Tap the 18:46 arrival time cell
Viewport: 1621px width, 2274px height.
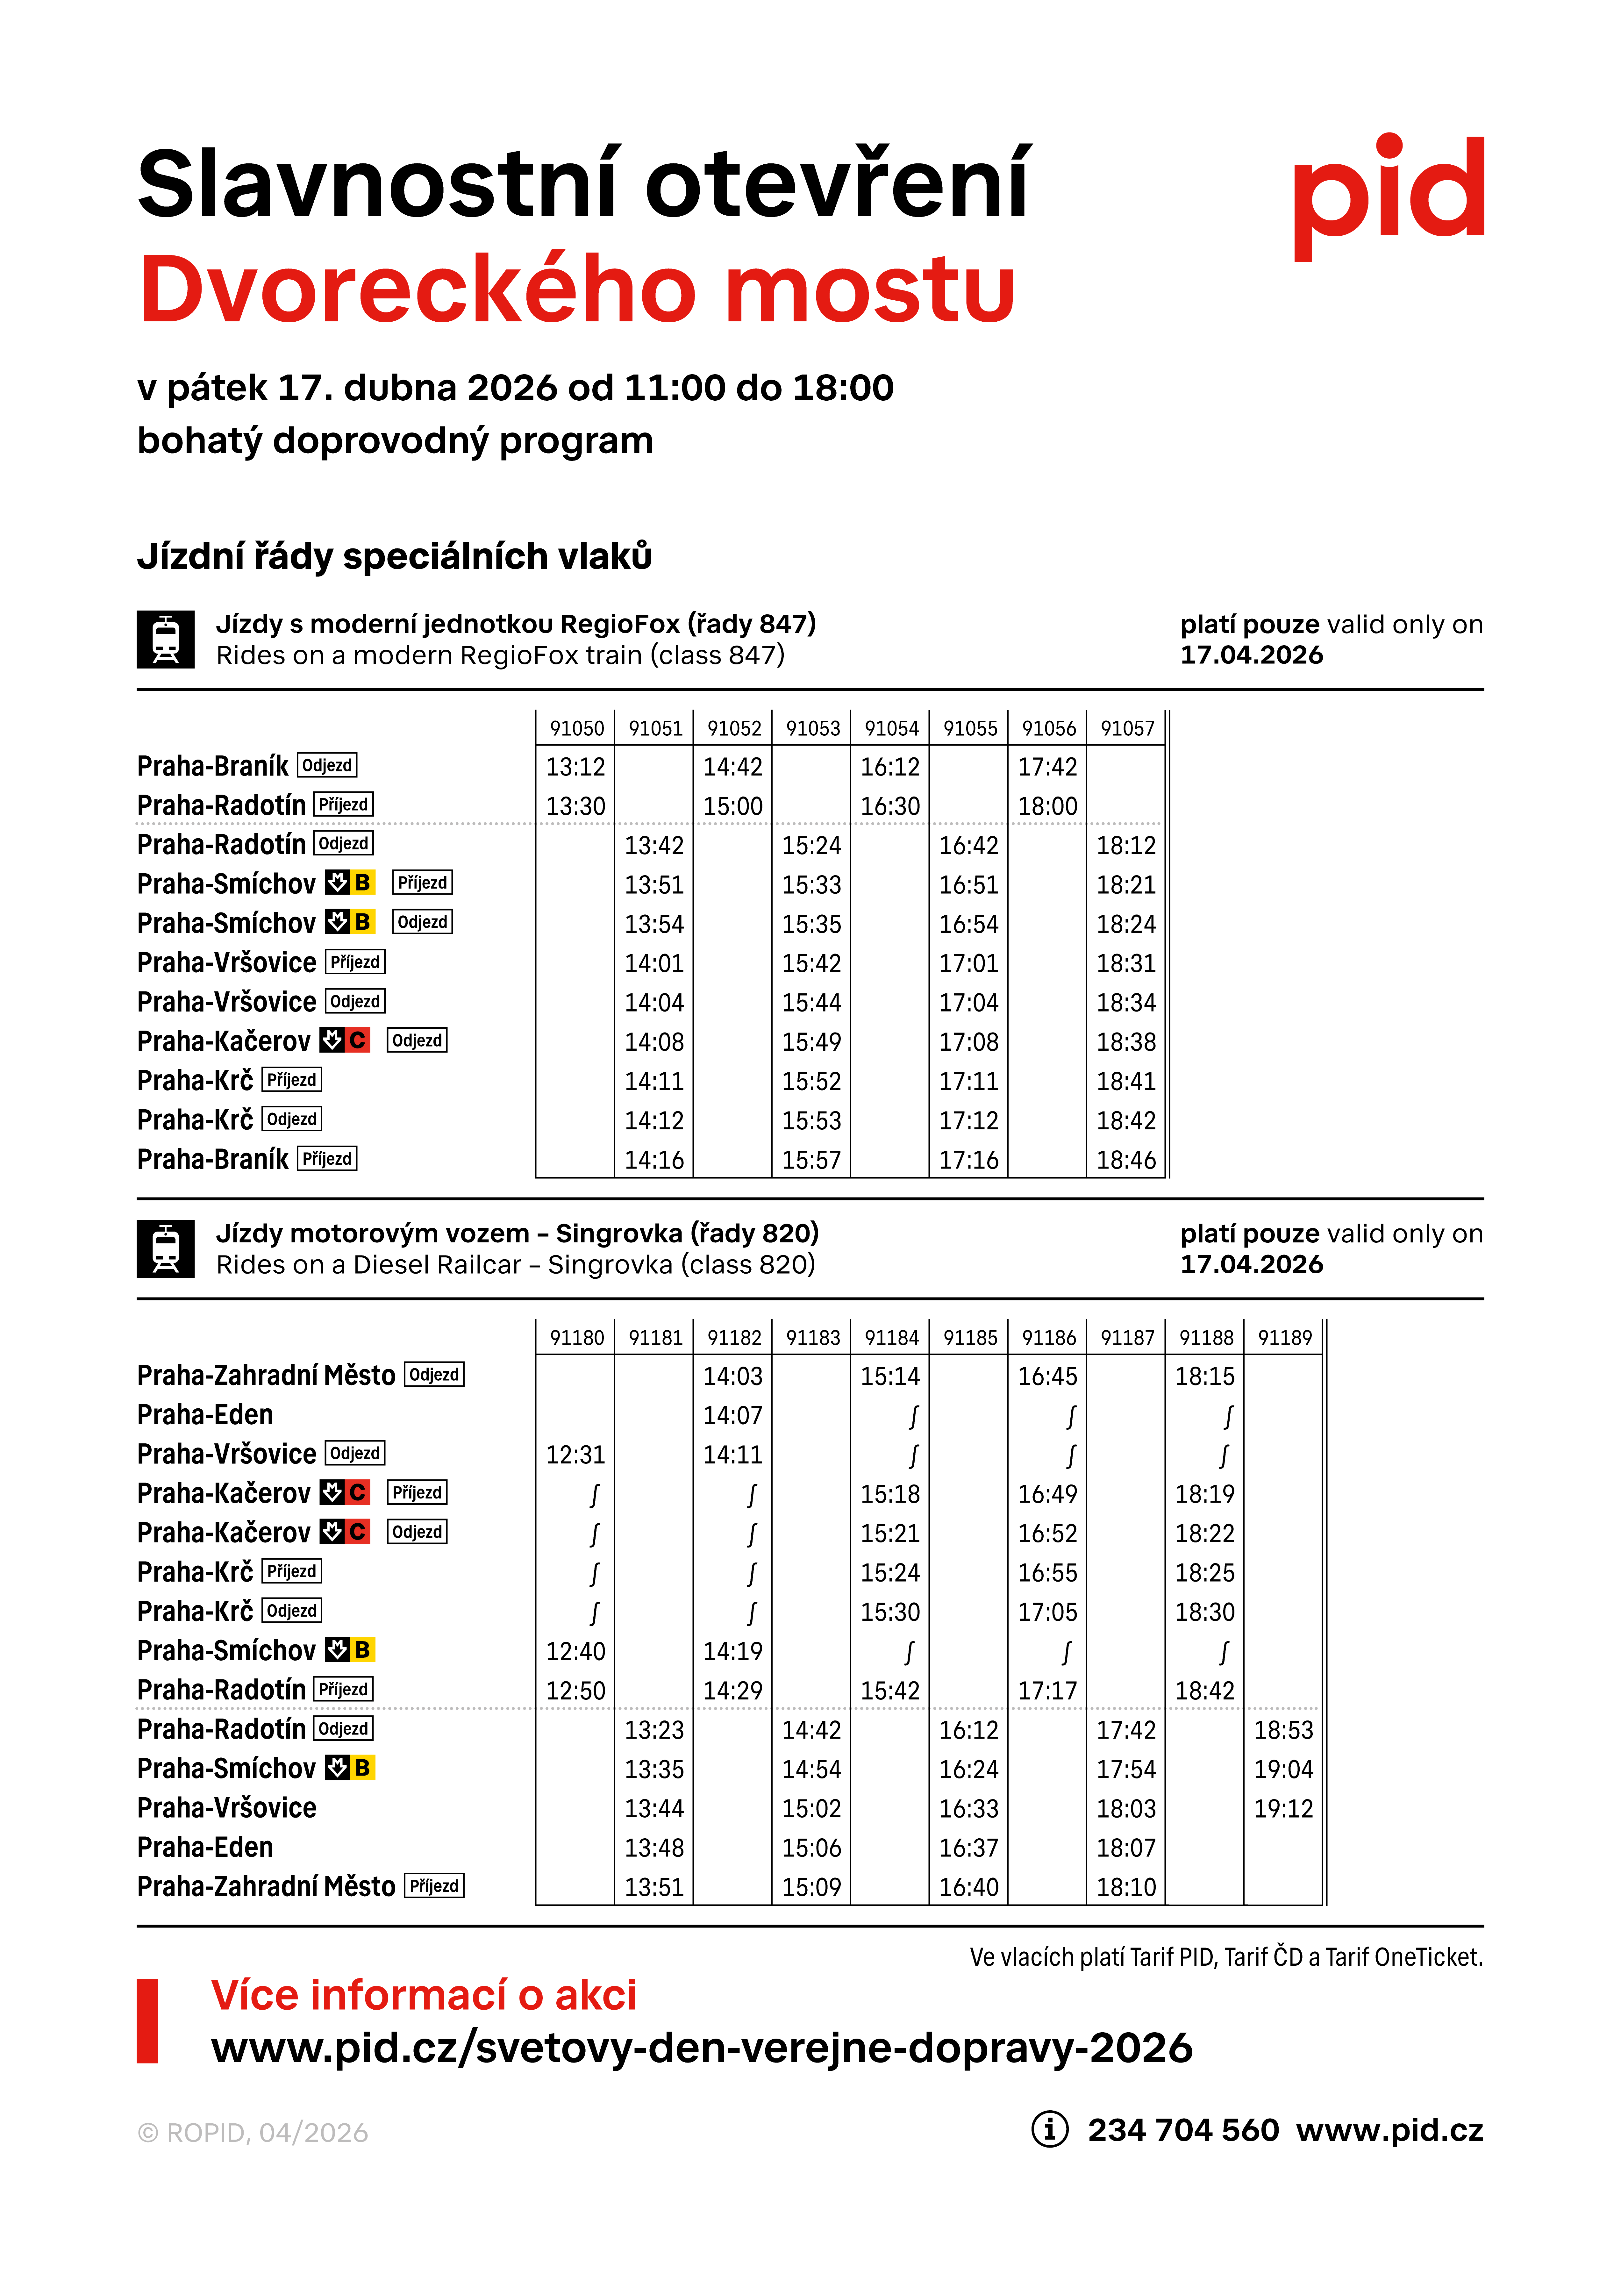coord(1126,1160)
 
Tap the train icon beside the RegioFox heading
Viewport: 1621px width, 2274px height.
coord(166,640)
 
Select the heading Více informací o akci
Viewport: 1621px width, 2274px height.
coord(423,1994)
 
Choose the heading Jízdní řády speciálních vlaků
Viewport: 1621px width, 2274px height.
coord(394,556)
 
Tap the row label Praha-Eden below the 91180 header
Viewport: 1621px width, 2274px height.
coord(205,1414)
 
